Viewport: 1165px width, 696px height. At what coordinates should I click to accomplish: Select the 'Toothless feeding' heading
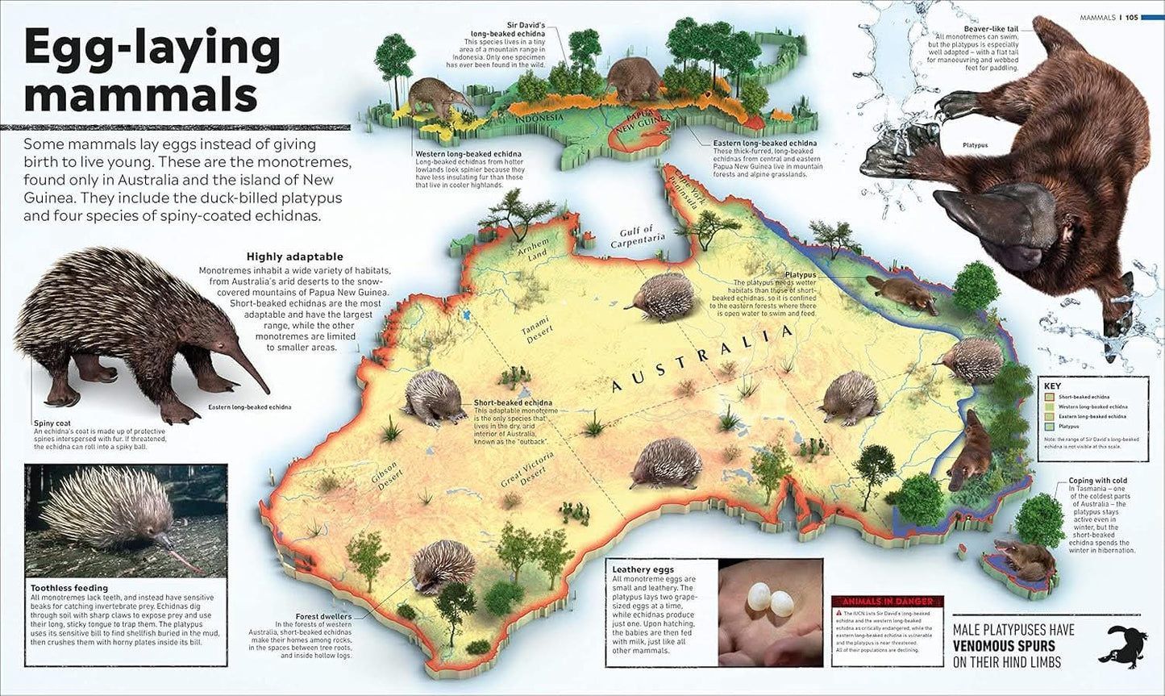[x=68, y=588]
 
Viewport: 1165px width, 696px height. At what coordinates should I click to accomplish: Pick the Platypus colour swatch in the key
[x=1049, y=426]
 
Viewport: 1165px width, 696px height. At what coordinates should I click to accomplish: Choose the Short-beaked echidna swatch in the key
[x=1049, y=397]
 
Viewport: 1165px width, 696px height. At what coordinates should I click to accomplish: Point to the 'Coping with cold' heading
[x=1097, y=481]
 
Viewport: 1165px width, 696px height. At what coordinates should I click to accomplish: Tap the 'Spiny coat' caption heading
[x=52, y=423]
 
